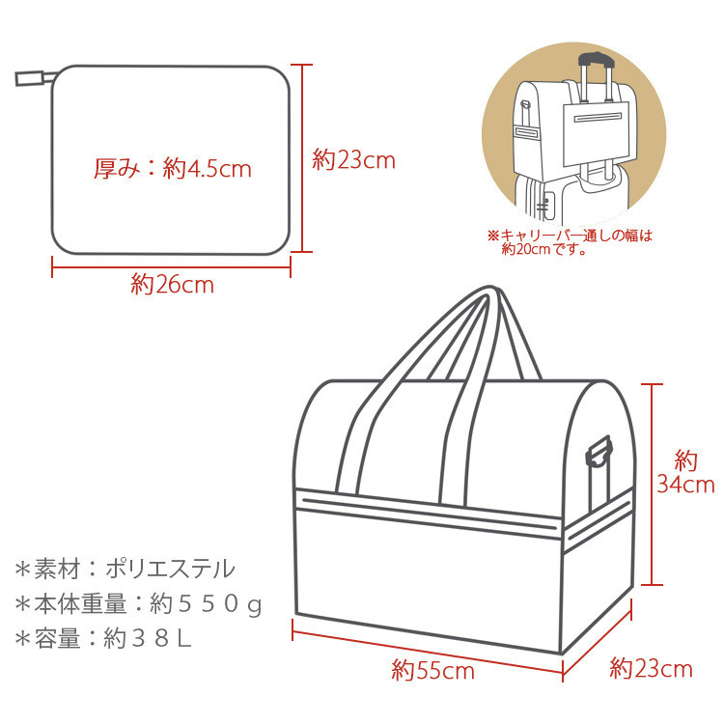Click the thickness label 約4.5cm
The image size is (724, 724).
208,169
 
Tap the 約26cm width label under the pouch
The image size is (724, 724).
172,285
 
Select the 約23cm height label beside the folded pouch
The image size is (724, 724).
353,160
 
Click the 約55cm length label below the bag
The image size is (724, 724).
432,670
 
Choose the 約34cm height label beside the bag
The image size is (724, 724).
685,472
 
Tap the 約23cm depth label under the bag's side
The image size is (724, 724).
651,668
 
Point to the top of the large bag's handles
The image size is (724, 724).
490,291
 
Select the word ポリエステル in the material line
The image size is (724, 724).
170,569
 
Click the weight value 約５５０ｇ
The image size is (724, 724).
206,604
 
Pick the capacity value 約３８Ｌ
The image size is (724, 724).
148,639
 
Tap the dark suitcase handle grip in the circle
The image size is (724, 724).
597,59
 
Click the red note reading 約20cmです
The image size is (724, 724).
543,249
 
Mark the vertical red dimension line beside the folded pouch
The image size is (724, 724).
302,158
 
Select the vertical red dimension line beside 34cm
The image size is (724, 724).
652,485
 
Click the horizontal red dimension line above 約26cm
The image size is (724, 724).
171,267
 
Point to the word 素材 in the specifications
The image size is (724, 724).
57,569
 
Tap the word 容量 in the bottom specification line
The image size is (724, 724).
57,639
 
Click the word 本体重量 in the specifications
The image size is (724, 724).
80,604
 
